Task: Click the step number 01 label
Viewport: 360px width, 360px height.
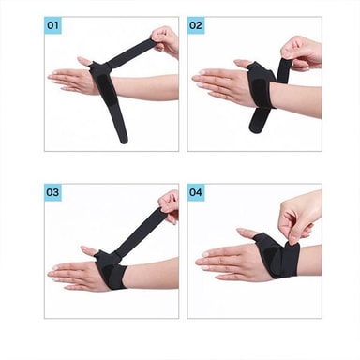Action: (x=52, y=25)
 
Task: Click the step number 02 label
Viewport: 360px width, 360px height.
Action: (x=196, y=25)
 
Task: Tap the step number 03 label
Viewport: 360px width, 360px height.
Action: (x=52, y=192)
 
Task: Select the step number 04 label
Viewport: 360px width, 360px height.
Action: (x=196, y=192)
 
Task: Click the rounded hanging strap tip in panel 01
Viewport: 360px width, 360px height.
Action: (x=124, y=139)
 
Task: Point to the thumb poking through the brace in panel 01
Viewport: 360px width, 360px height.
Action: (x=84, y=61)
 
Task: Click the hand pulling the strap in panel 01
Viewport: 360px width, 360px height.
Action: (x=165, y=41)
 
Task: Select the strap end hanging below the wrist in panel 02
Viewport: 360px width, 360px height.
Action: (x=260, y=120)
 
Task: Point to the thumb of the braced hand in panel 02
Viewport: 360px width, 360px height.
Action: (x=243, y=64)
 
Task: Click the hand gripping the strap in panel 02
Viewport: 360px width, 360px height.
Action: (x=302, y=52)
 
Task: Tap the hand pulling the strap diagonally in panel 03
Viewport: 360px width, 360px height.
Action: (x=170, y=206)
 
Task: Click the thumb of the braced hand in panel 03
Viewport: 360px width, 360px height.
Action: (x=89, y=250)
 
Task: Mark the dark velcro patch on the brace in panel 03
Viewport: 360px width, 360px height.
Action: (x=108, y=273)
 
